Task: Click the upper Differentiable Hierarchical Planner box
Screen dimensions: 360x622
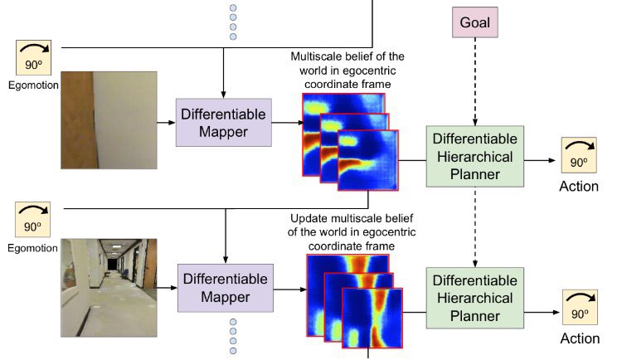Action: pos(474,155)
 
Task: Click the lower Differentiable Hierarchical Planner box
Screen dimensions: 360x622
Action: pos(474,295)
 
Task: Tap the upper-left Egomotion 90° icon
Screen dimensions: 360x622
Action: pos(32,58)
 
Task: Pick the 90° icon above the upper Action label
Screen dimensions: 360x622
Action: pos(579,156)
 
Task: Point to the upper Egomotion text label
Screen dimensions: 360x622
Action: pos(32,85)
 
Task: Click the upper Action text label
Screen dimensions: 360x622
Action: pos(579,186)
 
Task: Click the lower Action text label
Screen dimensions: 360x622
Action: pos(579,338)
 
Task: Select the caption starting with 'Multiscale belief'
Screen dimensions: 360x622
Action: pos(347,70)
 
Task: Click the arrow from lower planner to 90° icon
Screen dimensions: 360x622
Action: pos(541,312)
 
